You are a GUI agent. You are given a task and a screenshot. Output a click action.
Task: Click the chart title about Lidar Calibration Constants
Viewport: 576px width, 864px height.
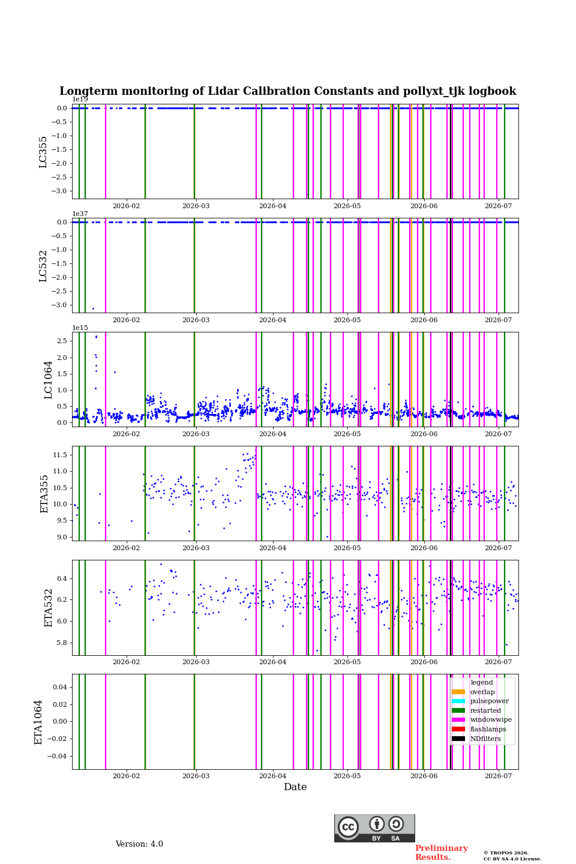coord(287,91)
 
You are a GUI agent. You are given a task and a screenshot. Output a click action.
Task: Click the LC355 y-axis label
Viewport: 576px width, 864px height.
coord(43,152)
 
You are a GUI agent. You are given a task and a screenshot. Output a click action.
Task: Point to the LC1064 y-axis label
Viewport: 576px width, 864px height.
coord(47,380)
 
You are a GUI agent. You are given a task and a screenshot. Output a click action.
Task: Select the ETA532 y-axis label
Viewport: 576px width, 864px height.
coord(47,608)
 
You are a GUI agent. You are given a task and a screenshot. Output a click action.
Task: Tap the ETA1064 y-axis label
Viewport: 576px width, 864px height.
coord(38,722)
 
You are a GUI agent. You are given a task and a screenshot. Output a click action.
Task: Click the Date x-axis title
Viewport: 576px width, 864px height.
coord(295,787)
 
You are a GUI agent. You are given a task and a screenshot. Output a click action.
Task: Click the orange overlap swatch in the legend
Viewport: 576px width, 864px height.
coord(458,692)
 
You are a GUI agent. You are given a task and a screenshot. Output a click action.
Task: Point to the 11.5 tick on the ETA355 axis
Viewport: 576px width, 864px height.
coord(60,455)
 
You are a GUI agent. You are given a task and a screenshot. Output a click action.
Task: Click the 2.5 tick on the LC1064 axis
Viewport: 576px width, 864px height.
coord(62,341)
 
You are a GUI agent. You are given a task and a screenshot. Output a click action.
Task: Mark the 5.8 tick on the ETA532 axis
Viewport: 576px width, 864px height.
coord(62,643)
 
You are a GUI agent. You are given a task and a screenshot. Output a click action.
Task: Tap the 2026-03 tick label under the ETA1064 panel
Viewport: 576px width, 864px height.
coord(196,776)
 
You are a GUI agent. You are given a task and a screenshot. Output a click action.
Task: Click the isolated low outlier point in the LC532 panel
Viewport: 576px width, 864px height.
coord(93,308)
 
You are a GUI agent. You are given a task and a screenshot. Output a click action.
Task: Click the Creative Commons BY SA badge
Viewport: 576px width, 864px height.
coord(374,828)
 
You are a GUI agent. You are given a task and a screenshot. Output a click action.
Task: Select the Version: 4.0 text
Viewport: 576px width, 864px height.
coord(139,844)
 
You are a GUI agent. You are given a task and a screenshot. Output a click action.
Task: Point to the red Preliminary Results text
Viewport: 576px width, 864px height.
coord(442,853)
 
